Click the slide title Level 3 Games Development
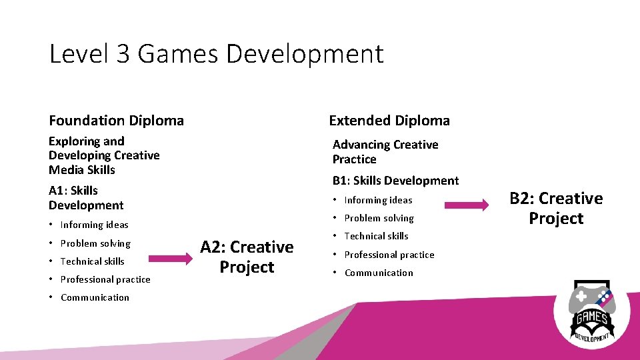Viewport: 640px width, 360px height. point(216,54)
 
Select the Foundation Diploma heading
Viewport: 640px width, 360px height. point(116,121)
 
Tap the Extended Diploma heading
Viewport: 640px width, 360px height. point(389,121)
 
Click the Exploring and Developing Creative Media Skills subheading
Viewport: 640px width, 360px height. point(104,155)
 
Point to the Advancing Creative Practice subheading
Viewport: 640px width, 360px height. point(385,152)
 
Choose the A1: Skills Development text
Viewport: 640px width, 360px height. point(86,198)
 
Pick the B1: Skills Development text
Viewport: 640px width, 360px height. point(395,181)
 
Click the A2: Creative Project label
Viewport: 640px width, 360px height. point(247,257)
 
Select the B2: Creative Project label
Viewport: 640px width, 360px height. point(556,208)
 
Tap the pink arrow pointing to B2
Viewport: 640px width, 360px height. point(467,206)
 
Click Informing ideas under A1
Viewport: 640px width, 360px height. point(94,225)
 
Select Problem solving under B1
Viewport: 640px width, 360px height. point(379,218)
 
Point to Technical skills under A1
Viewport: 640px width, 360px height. point(92,261)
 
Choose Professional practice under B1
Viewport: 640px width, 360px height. point(389,255)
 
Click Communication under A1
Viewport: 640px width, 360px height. point(95,297)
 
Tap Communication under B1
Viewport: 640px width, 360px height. point(379,273)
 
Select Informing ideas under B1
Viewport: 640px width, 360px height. point(378,200)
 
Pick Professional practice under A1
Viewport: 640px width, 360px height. point(105,279)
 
